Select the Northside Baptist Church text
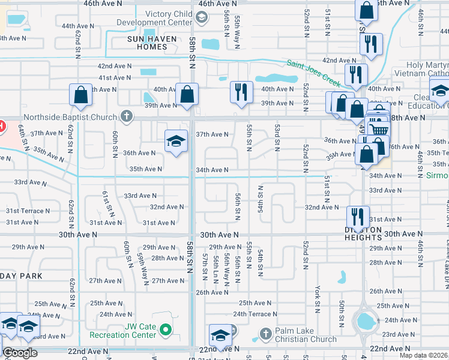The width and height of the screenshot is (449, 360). tap(71, 118)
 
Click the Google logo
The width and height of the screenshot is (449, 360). tap(20, 353)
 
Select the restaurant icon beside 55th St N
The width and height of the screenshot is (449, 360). tap(241, 92)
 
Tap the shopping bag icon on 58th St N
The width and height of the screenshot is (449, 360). tap(187, 94)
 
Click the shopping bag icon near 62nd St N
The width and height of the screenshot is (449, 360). tap(80, 94)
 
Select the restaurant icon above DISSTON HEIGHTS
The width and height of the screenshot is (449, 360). tap(357, 215)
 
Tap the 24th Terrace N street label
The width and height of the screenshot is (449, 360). tap(256, 314)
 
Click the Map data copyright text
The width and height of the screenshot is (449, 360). tap(423, 355)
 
